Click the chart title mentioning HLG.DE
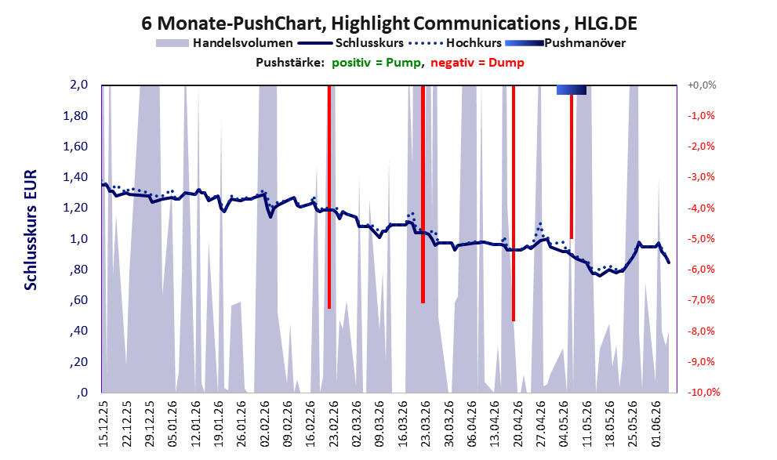(x=389, y=23)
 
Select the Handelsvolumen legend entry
(x=224, y=43)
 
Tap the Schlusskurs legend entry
(x=350, y=43)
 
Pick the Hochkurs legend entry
(x=455, y=43)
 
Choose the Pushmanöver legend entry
(x=565, y=43)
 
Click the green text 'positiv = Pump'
(x=376, y=63)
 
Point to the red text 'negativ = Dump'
(x=477, y=63)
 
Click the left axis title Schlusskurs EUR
(x=31, y=230)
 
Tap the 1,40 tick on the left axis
(x=75, y=177)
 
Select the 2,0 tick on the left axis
(x=78, y=85)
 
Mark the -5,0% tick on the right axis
(x=701, y=239)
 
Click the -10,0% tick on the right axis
(x=703, y=392)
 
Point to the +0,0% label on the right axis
(x=702, y=85)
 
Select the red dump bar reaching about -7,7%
(x=514, y=203)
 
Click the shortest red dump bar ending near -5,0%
(x=572, y=167)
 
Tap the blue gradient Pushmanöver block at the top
(x=572, y=89)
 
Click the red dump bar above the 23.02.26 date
(x=329, y=197)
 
